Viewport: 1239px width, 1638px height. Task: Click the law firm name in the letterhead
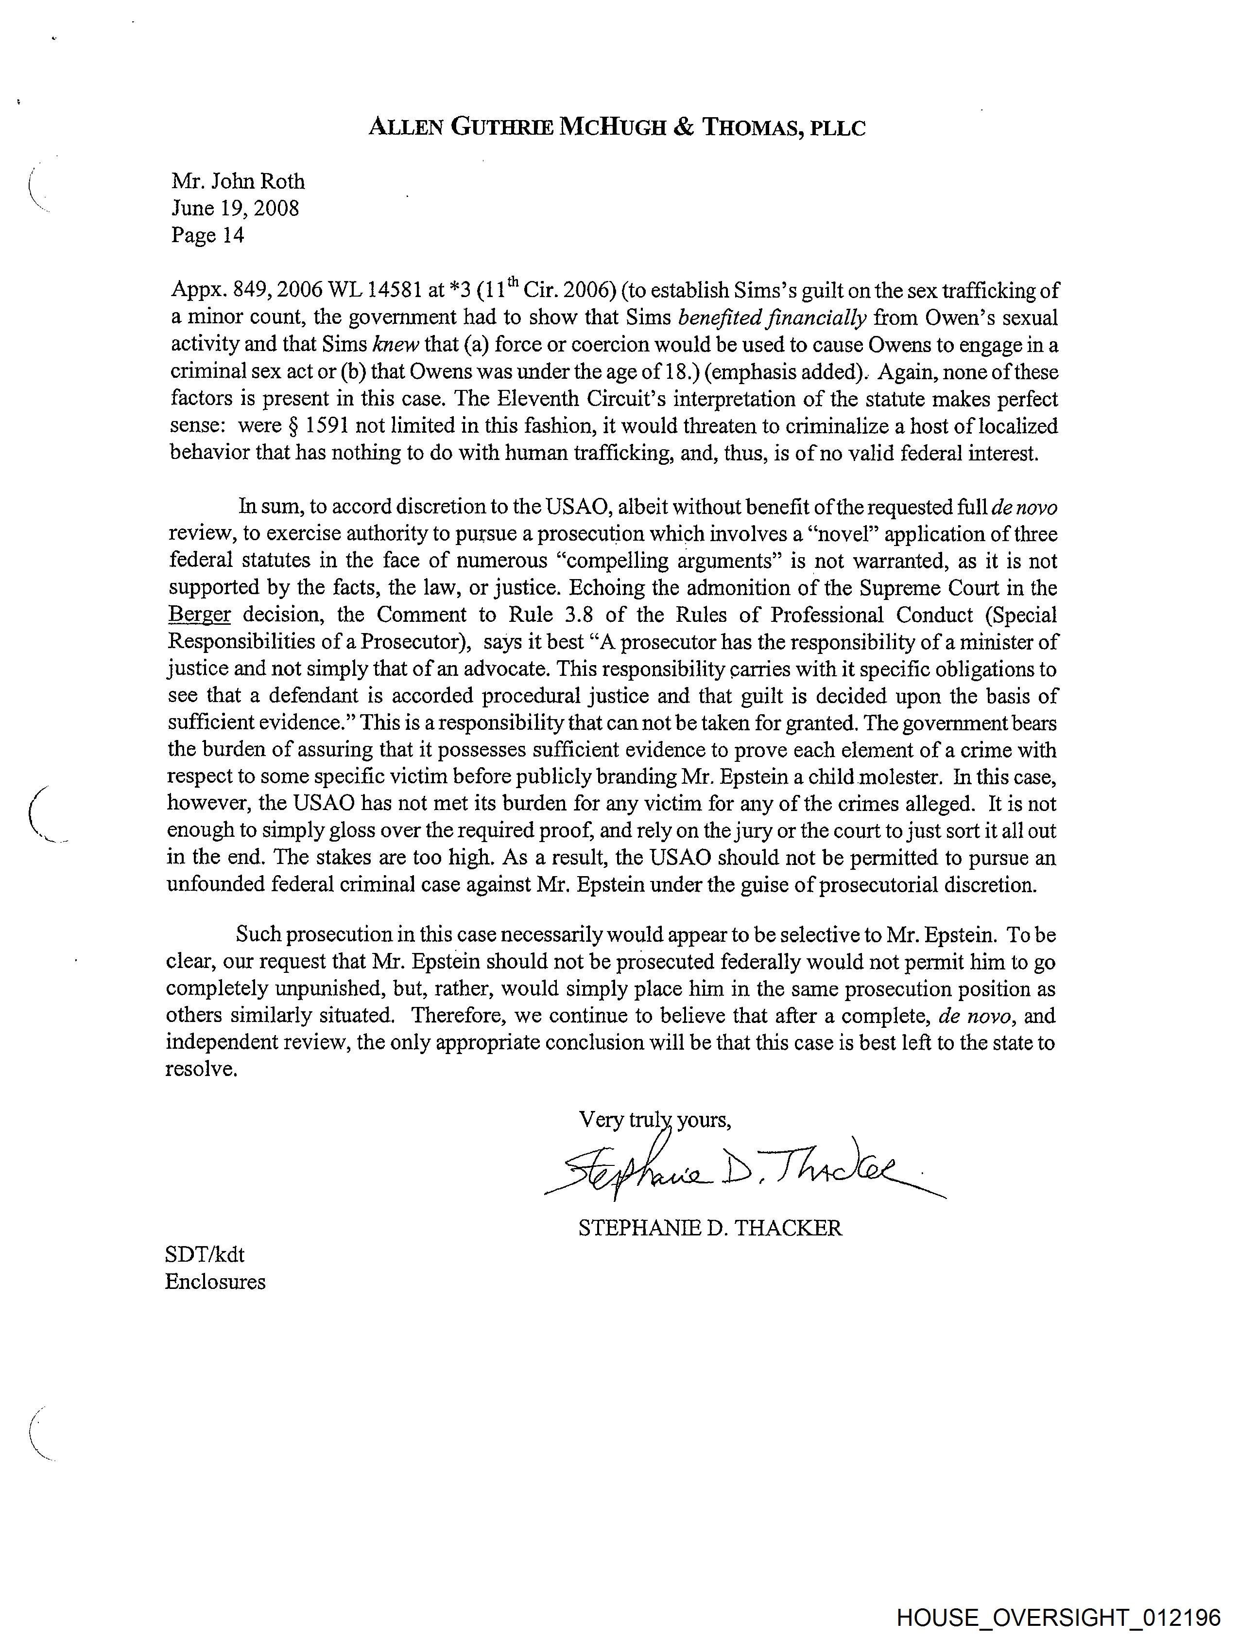tap(617, 128)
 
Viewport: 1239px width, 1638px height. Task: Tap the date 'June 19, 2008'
tap(235, 208)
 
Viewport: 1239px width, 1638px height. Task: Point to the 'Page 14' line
tap(207, 235)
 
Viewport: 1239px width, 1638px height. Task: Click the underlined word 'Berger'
tap(199, 615)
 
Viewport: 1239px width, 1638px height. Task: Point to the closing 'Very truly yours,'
tap(654, 1120)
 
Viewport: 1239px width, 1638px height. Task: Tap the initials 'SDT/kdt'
tap(204, 1254)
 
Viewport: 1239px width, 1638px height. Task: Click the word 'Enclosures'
tap(215, 1282)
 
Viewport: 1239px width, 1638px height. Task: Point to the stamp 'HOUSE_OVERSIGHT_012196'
tap(1058, 1617)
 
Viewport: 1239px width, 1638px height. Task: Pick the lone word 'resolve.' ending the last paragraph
tap(201, 1069)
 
